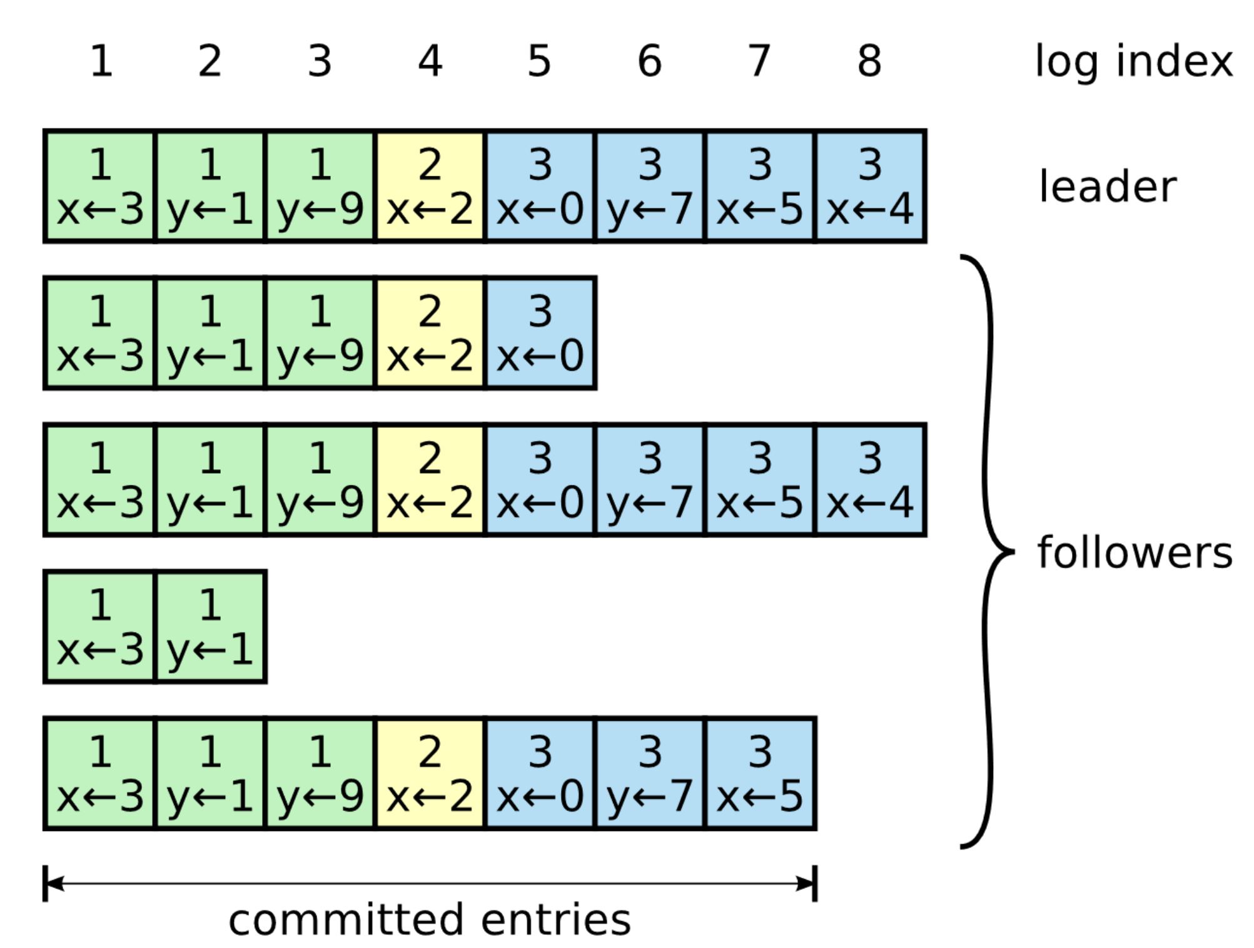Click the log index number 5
click(x=539, y=61)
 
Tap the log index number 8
click(x=869, y=61)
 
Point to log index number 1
click(x=101, y=61)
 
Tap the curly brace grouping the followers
click(x=988, y=551)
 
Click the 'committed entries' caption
click(x=430, y=920)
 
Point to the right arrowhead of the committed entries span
click(x=806, y=884)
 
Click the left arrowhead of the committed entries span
click(x=55, y=884)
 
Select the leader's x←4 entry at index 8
click(x=870, y=186)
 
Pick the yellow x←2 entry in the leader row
click(x=430, y=186)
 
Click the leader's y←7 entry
click(x=650, y=186)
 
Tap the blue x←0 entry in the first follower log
click(x=540, y=334)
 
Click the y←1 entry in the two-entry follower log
click(x=210, y=626)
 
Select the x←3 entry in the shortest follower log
click(x=100, y=626)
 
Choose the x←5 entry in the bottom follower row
click(x=760, y=773)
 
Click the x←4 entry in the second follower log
click(x=870, y=480)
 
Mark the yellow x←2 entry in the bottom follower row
click(x=430, y=773)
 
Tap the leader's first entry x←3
click(x=100, y=186)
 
